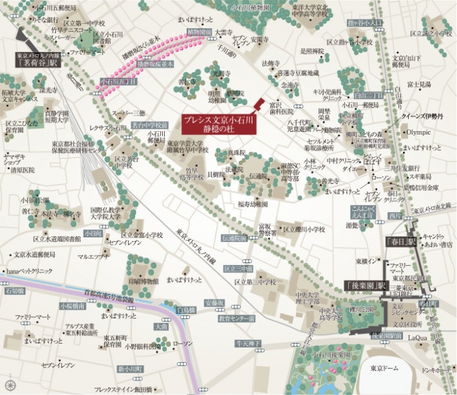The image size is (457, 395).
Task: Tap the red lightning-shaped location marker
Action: (259, 106)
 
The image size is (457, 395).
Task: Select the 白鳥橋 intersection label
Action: (186, 309)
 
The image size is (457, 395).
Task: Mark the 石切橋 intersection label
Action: (14, 290)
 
